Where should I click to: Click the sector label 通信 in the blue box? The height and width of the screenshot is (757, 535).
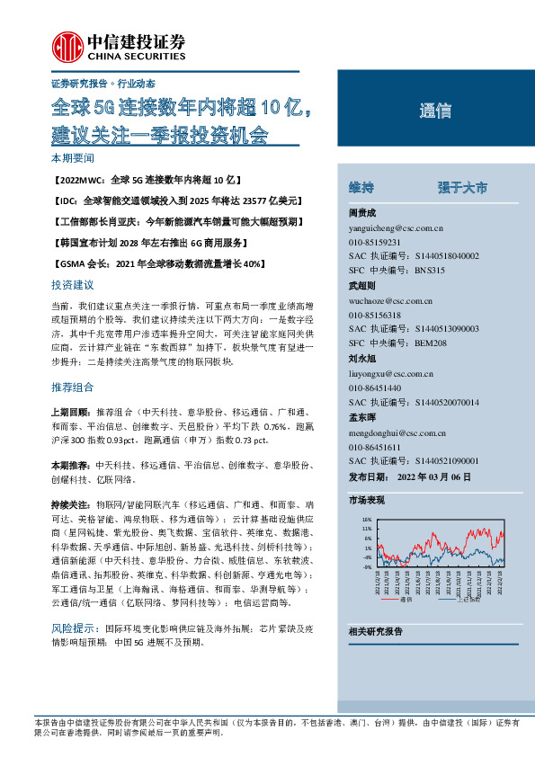click(435, 111)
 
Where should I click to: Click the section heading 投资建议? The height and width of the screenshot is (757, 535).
click(72, 285)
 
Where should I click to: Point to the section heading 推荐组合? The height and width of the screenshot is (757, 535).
click(72, 387)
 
